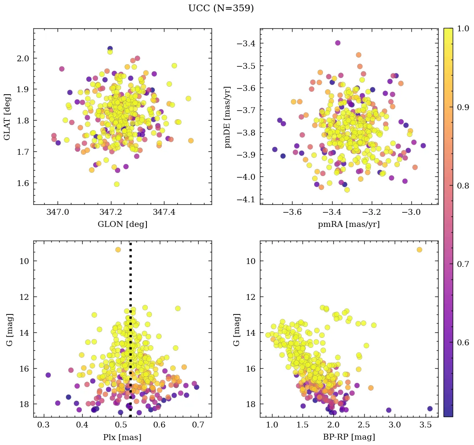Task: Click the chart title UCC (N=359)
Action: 221,8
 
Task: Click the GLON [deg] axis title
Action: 122,224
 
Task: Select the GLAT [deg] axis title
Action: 7,116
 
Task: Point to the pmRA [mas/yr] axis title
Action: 349,224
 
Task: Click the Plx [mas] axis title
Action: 122,437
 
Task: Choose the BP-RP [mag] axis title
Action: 349,437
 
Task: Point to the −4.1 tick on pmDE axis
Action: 247,199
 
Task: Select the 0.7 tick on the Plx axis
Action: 198,425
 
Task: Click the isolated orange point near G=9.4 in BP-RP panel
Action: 419,249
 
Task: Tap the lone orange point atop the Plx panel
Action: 118,249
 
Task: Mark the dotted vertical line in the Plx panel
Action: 131,334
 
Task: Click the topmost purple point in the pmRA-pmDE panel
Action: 338,43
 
